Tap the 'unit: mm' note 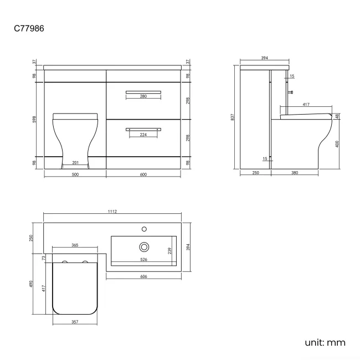coord(325,342)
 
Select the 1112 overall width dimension coord(114,212)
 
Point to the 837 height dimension coord(233,117)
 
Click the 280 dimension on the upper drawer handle coord(143,96)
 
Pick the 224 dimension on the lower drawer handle coord(143,134)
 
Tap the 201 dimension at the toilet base coord(75,162)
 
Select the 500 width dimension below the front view coord(75,174)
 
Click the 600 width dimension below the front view coord(143,174)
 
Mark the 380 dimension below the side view coord(294,173)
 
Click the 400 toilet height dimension coord(337,143)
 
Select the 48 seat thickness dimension coord(337,116)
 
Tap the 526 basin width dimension coord(144,259)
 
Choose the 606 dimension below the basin coord(144,276)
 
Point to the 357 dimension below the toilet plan coord(74,321)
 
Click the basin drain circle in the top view coord(144,246)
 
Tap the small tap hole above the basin coord(144,228)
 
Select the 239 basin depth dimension coord(170,250)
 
